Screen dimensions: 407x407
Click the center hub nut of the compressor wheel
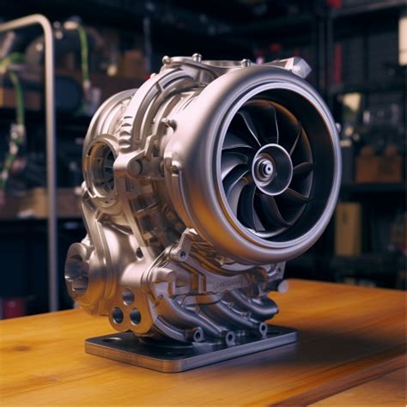tap(265, 169)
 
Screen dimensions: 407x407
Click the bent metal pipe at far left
tap(50, 129)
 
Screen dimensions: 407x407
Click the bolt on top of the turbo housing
tap(197, 58)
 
